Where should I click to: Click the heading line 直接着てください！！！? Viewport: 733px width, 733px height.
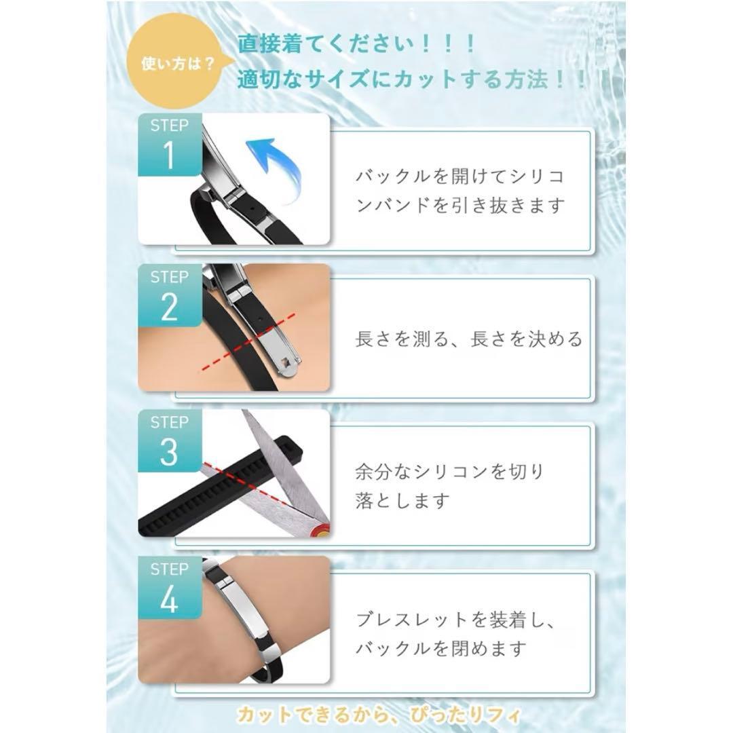(x=357, y=44)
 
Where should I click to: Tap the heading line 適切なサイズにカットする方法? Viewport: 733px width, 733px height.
(x=393, y=79)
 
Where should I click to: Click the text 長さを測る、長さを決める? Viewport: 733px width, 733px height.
(x=469, y=339)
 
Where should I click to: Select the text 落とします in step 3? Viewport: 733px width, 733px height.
(x=402, y=500)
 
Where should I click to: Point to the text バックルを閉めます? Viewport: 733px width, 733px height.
(x=441, y=648)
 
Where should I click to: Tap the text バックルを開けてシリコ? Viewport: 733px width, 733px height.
(x=460, y=176)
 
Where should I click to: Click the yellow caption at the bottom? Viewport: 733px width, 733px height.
(x=379, y=715)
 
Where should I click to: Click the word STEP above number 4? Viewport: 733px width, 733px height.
(x=169, y=569)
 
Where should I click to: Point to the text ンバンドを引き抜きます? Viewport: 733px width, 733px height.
(x=460, y=205)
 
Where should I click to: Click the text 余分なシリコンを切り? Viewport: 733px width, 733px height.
(x=450, y=471)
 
